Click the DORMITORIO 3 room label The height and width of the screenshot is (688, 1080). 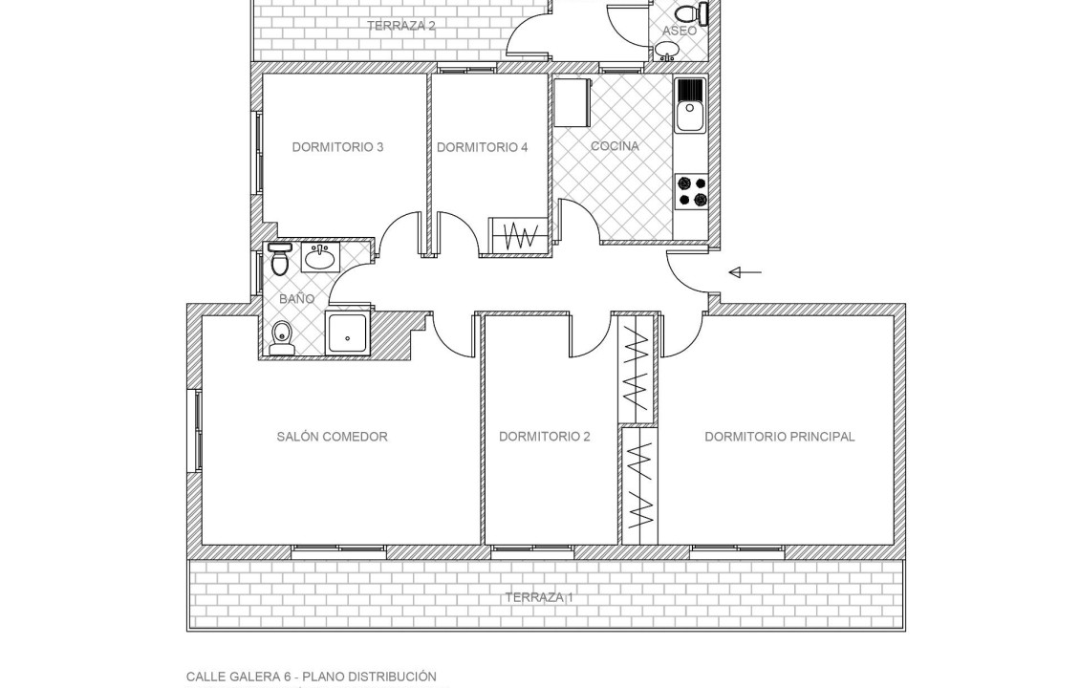coord(337,147)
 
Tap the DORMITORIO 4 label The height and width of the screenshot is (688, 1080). coord(482,147)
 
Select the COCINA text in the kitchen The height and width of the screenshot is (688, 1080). coord(615,146)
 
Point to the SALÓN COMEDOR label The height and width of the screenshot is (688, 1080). coord(332,437)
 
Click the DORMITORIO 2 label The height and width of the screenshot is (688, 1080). coord(544,437)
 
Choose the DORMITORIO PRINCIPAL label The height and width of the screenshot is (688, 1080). coord(779,437)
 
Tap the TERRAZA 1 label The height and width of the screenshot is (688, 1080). coord(539,597)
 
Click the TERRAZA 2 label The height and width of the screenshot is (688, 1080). coord(400,26)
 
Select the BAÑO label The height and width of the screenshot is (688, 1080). coord(296,299)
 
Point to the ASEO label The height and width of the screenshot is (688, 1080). coord(680,31)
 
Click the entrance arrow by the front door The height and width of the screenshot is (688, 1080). coord(745,272)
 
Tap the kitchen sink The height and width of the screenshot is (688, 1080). coord(689,105)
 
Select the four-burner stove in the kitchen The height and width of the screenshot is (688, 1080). coord(691,191)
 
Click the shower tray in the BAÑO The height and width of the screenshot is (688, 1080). coord(348,332)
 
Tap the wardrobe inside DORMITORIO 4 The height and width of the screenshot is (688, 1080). coord(518,236)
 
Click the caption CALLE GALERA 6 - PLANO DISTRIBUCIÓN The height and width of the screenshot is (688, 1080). coord(311,677)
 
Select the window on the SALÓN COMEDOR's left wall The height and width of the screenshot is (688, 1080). coord(197,430)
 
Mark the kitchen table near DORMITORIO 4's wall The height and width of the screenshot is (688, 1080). coord(572,102)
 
